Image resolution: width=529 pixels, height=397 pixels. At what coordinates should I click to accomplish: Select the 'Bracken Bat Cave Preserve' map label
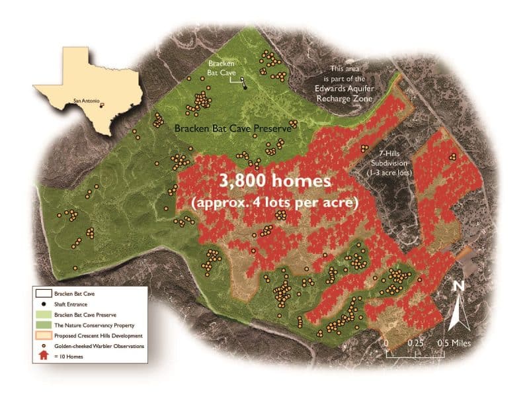(232, 129)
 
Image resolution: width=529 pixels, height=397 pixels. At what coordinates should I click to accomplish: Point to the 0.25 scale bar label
(415, 343)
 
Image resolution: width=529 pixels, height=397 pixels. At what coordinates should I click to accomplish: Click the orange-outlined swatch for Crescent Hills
(44, 335)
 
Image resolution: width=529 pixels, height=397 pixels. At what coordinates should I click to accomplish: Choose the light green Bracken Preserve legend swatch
(44, 314)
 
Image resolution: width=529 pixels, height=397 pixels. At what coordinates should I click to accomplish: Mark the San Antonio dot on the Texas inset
(102, 103)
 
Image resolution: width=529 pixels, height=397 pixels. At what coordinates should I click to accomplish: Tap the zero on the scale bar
(386, 343)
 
